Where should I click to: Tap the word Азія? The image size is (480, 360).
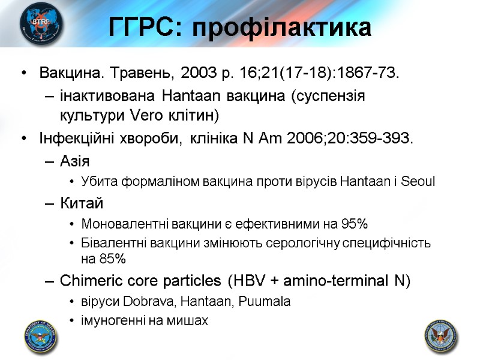[x=75, y=161]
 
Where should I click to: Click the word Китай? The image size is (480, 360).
[x=82, y=203]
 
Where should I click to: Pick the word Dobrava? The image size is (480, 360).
[x=140, y=302]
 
